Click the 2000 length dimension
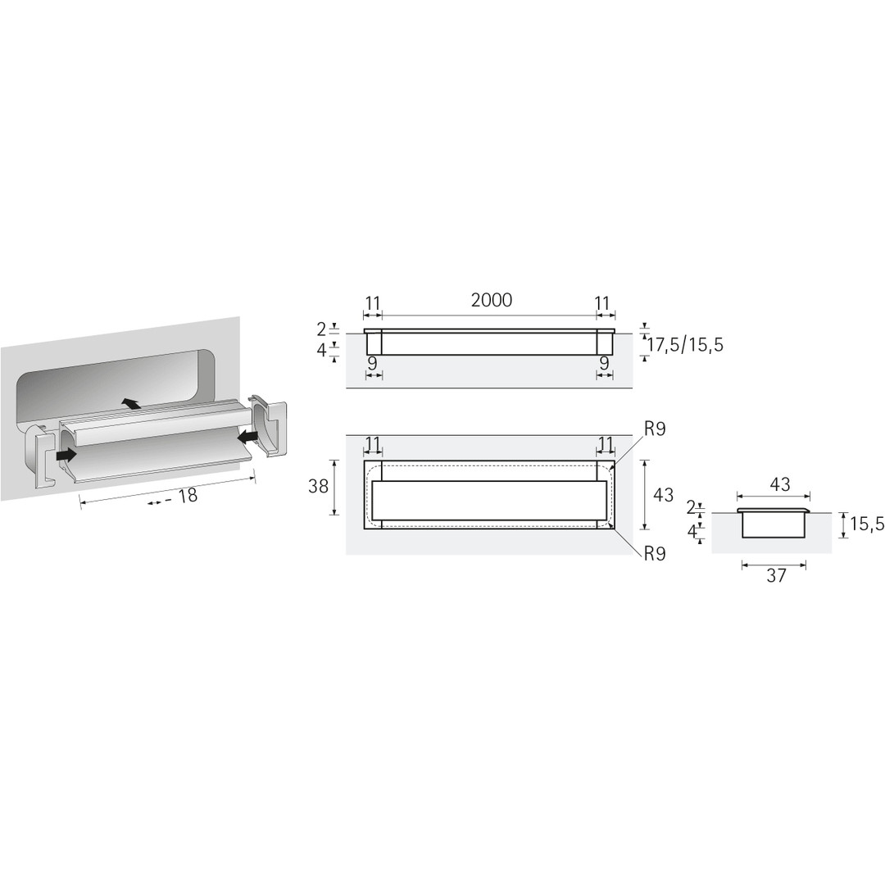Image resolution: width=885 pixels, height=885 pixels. [x=492, y=300]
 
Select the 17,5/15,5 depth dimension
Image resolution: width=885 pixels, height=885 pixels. [x=684, y=344]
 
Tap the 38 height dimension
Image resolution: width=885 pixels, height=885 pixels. [x=318, y=486]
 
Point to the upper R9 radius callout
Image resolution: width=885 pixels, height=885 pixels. [x=655, y=429]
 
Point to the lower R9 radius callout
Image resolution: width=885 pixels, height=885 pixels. [x=655, y=554]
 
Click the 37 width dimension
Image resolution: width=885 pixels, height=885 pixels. [x=776, y=575]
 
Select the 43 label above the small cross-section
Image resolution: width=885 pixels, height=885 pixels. [x=779, y=484]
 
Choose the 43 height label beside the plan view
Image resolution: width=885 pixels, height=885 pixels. [x=663, y=494]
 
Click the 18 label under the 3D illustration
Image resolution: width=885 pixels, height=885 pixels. [x=187, y=496]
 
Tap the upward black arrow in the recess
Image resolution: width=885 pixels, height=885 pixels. [x=131, y=403]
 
